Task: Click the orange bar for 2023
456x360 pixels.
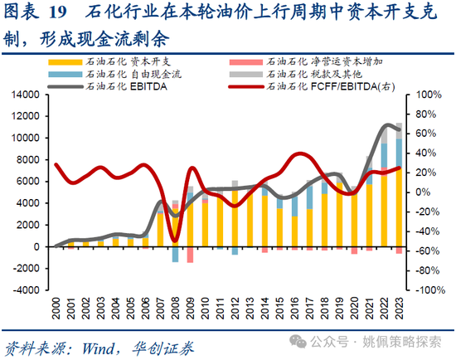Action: [x=399, y=207]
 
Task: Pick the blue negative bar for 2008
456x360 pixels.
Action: [x=175, y=254]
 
